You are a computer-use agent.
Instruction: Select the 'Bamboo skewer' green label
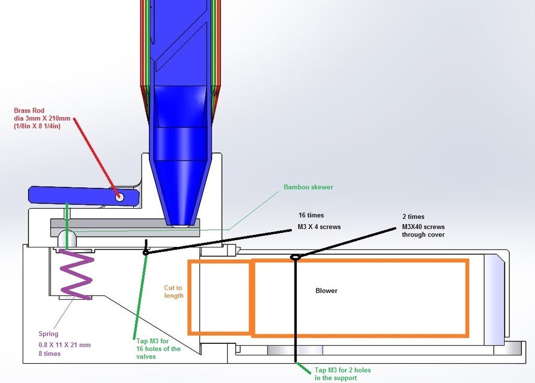tap(308, 187)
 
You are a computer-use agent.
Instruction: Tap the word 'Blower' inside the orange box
tap(327, 290)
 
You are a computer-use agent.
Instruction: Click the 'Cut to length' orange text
tap(173, 292)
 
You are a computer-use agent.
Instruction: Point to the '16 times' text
tap(311, 215)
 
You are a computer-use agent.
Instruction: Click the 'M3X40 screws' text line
tap(423, 227)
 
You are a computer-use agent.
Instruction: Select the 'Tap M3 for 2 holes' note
tap(343, 370)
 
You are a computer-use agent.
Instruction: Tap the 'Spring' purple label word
tap(49, 334)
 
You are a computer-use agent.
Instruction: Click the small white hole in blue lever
tap(120, 197)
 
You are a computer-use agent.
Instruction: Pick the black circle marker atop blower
tap(295, 257)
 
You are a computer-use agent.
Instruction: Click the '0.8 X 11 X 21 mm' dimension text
tap(64, 345)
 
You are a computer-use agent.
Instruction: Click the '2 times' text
tap(413, 217)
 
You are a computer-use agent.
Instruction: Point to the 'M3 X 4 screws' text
tap(319, 226)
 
